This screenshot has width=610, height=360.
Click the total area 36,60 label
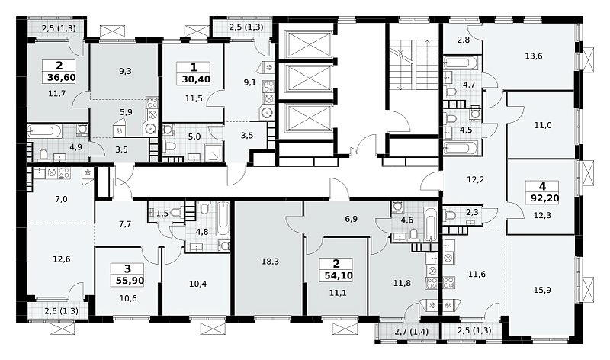click(x=62, y=78)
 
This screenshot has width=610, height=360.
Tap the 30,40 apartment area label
click(x=196, y=79)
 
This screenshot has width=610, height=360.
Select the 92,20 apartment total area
click(x=544, y=198)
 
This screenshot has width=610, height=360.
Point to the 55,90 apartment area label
click(x=130, y=280)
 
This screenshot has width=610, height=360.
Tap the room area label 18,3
click(x=271, y=262)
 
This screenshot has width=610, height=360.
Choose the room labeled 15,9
click(x=542, y=290)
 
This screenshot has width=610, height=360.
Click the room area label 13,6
click(x=534, y=56)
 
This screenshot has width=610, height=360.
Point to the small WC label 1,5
click(x=162, y=214)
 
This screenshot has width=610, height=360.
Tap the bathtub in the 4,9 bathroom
click(x=44, y=131)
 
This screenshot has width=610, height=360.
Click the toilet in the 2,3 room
click(x=450, y=215)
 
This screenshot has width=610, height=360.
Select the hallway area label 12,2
click(x=475, y=179)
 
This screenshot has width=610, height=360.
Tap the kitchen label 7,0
click(x=62, y=199)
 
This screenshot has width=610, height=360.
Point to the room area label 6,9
click(x=351, y=219)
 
